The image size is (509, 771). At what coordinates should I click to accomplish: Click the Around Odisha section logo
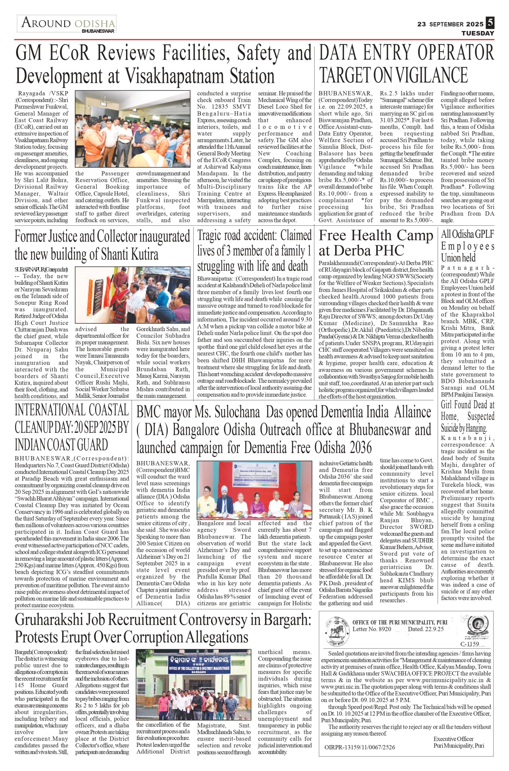67,24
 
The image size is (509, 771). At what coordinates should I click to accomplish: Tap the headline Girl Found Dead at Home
467,416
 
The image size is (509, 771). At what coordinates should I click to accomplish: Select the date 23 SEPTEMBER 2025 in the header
450,24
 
